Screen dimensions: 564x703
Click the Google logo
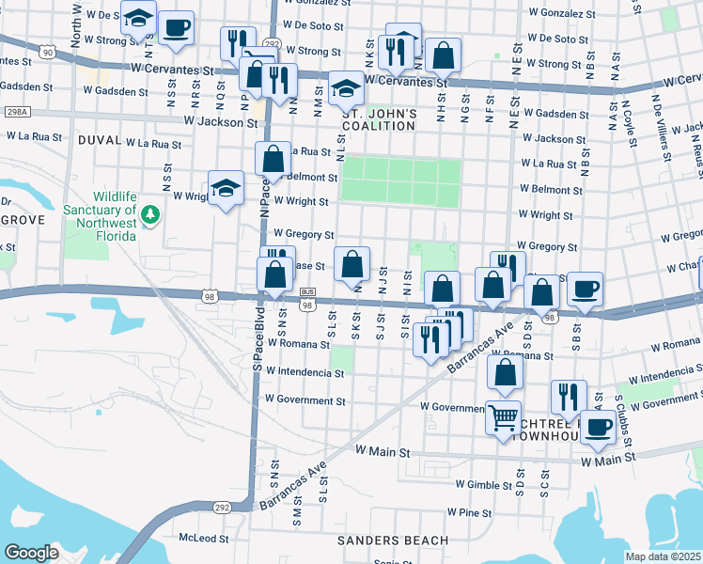tap(31, 553)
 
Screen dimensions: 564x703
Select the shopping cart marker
tap(504, 415)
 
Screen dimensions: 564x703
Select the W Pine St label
tap(470, 512)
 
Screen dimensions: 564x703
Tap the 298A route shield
tap(16, 111)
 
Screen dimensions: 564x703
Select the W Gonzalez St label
tap(562, 14)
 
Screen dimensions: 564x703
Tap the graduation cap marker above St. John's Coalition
tap(347, 87)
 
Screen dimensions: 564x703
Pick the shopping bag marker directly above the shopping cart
tap(506, 373)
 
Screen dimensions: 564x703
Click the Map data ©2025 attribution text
tap(662, 556)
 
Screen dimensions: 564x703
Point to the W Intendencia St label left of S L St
tap(305, 372)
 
